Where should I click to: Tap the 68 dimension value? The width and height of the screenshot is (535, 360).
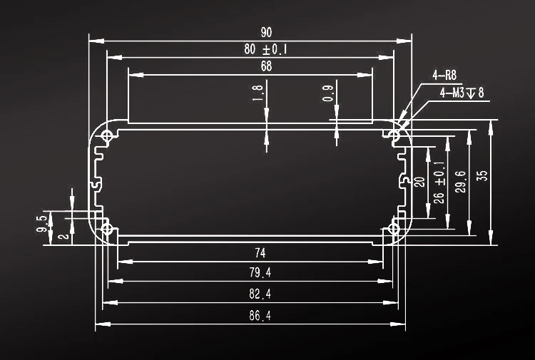click(x=266, y=67)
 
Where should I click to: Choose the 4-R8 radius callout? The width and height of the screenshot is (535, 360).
click(x=444, y=75)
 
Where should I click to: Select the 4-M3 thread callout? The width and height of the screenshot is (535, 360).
click(x=462, y=93)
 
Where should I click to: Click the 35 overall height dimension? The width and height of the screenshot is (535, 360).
click(x=482, y=175)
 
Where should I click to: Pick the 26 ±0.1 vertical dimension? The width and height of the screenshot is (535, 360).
click(x=439, y=182)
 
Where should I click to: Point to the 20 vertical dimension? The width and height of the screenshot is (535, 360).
click(x=420, y=181)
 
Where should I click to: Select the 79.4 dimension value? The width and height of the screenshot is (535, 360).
click(x=260, y=273)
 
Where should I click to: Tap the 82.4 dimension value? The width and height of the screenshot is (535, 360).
click(x=260, y=294)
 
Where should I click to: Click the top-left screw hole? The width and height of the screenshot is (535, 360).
click(x=108, y=135)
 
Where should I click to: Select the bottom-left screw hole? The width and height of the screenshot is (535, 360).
click(x=108, y=229)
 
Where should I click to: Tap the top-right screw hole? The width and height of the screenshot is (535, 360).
click(x=394, y=135)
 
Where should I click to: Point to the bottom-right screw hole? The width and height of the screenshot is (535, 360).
click(x=394, y=229)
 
